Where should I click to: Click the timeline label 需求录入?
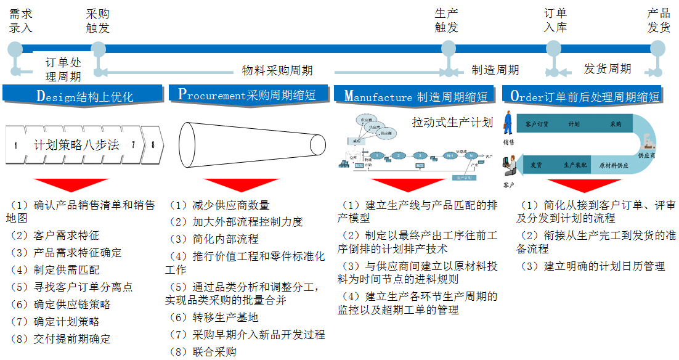click(x=21, y=20)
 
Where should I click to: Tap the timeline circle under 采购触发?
click(x=98, y=49)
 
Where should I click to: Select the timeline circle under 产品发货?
click(x=657, y=49)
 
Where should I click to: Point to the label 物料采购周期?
click(x=277, y=70)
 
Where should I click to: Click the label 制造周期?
click(x=495, y=70)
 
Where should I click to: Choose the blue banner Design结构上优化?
click(x=84, y=96)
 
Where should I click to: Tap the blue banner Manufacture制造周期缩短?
click(x=416, y=96)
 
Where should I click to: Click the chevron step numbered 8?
click(x=153, y=145)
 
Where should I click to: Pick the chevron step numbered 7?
click(x=132, y=145)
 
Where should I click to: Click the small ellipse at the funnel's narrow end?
click(x=317, y=145)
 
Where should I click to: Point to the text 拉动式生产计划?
click(x=452, y=122)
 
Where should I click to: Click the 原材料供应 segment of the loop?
click(x=614, y=166)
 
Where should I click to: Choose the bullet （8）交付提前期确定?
click(x=62, y=339)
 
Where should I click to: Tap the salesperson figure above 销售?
click(x=508, y=123)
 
